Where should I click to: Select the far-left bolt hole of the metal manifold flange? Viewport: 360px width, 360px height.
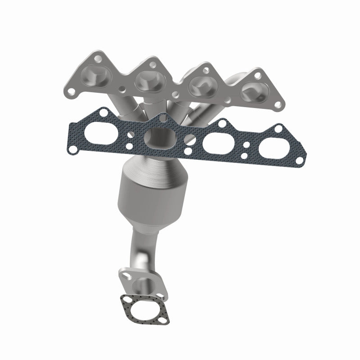click(x=70, y=93)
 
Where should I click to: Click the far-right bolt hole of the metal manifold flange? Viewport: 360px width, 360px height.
click(x=282, y=107)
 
